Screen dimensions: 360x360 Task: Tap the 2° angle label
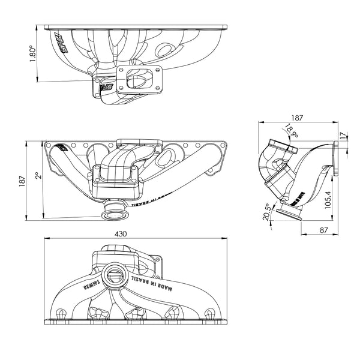37,178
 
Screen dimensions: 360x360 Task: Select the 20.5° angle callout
266,212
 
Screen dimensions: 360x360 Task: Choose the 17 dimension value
343,136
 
